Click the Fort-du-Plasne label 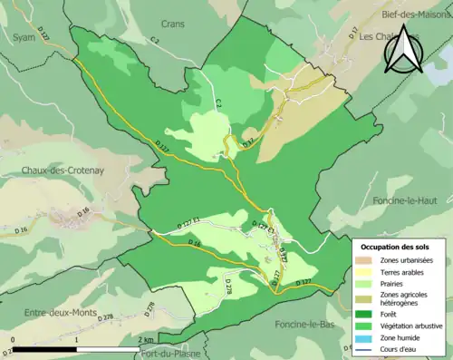pos(170,354)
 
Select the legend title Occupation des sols pos(397,247)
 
